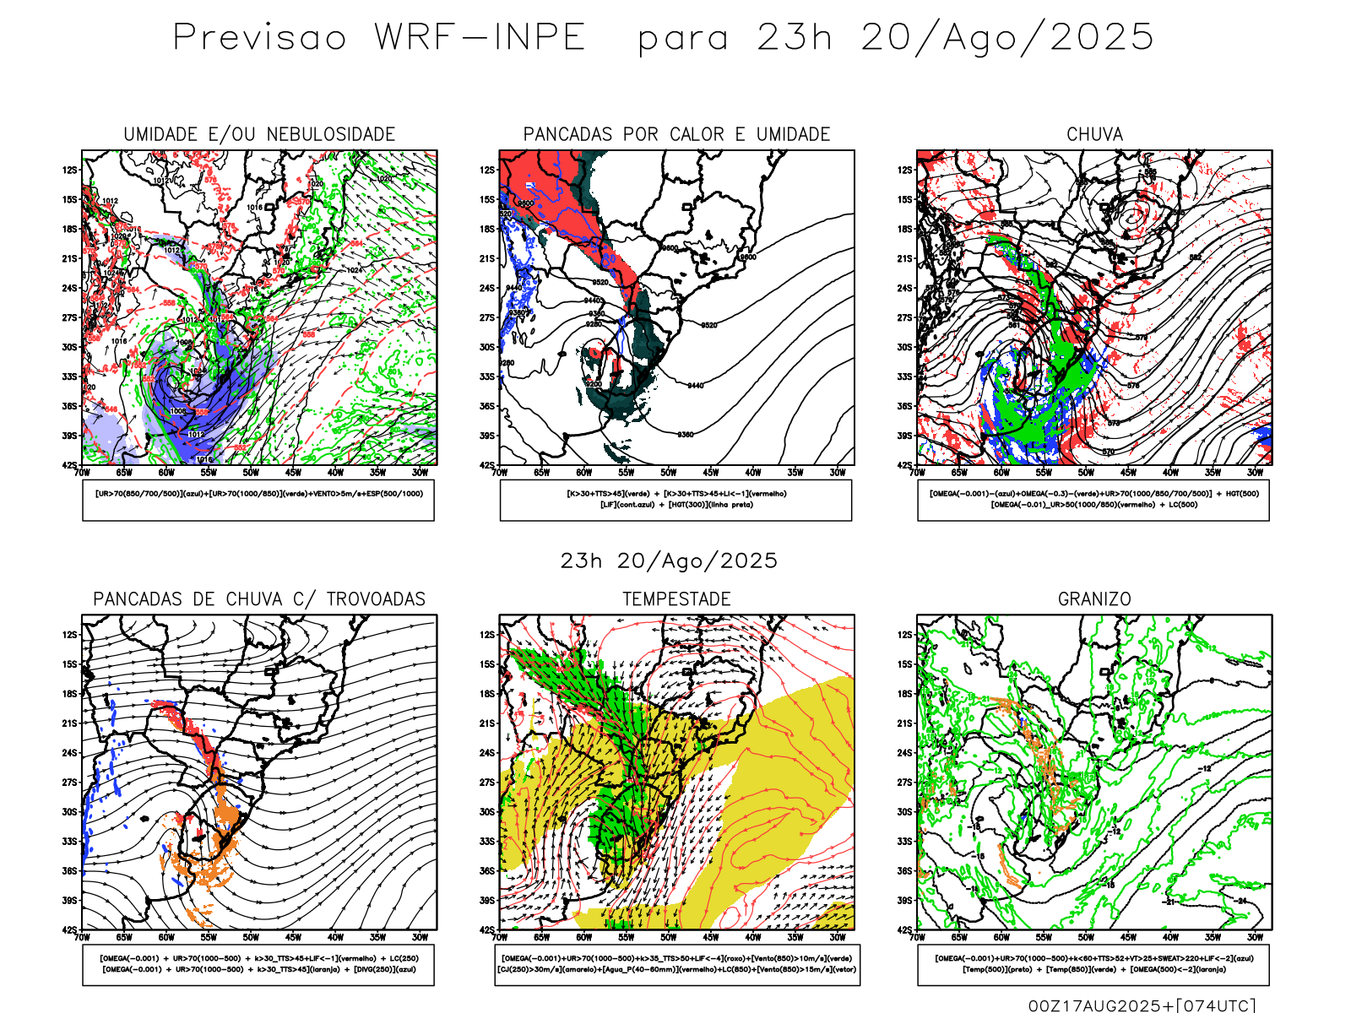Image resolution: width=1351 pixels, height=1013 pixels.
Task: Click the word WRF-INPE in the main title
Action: click(x=480, y=37)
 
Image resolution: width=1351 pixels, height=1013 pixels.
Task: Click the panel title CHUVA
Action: click(x=1094, y=134)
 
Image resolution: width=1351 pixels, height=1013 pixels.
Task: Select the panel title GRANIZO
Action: click(x=1094, y=599)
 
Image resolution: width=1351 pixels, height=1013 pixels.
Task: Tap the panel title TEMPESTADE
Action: click(x=676, y=599)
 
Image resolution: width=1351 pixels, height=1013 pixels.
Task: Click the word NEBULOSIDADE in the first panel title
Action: click(x=331, y=134)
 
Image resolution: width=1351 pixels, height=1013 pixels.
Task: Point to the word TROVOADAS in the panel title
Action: click(x=376, y=599)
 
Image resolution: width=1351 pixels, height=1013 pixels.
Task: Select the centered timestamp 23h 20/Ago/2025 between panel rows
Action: click(x=669, y=561)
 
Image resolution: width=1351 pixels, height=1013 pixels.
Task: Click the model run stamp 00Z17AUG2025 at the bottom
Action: click(x=1095, y=1005)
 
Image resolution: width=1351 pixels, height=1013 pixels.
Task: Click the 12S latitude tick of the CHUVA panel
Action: click(x=905, y=171)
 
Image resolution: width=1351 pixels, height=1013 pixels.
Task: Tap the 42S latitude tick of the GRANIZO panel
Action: click(x=905, y=930)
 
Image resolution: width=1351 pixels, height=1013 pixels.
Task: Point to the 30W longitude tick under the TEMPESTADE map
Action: click(x=838, y=938)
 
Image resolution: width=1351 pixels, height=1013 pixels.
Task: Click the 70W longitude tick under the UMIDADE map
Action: click(x=82, y=474)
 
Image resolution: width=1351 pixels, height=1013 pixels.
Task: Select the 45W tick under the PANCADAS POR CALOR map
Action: click(x=711, y=474)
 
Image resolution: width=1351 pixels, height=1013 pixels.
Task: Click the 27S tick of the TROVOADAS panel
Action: click(x=69, y=783)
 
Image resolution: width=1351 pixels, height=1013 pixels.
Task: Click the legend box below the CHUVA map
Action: click(x=1093, y=500)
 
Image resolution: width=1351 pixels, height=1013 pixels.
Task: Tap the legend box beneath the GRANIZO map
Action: click(x=1093, y=964)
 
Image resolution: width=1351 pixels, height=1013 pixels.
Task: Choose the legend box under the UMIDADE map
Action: click(x=258, y=500)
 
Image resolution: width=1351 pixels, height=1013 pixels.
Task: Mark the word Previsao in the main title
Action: click(x=260, y=37)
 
